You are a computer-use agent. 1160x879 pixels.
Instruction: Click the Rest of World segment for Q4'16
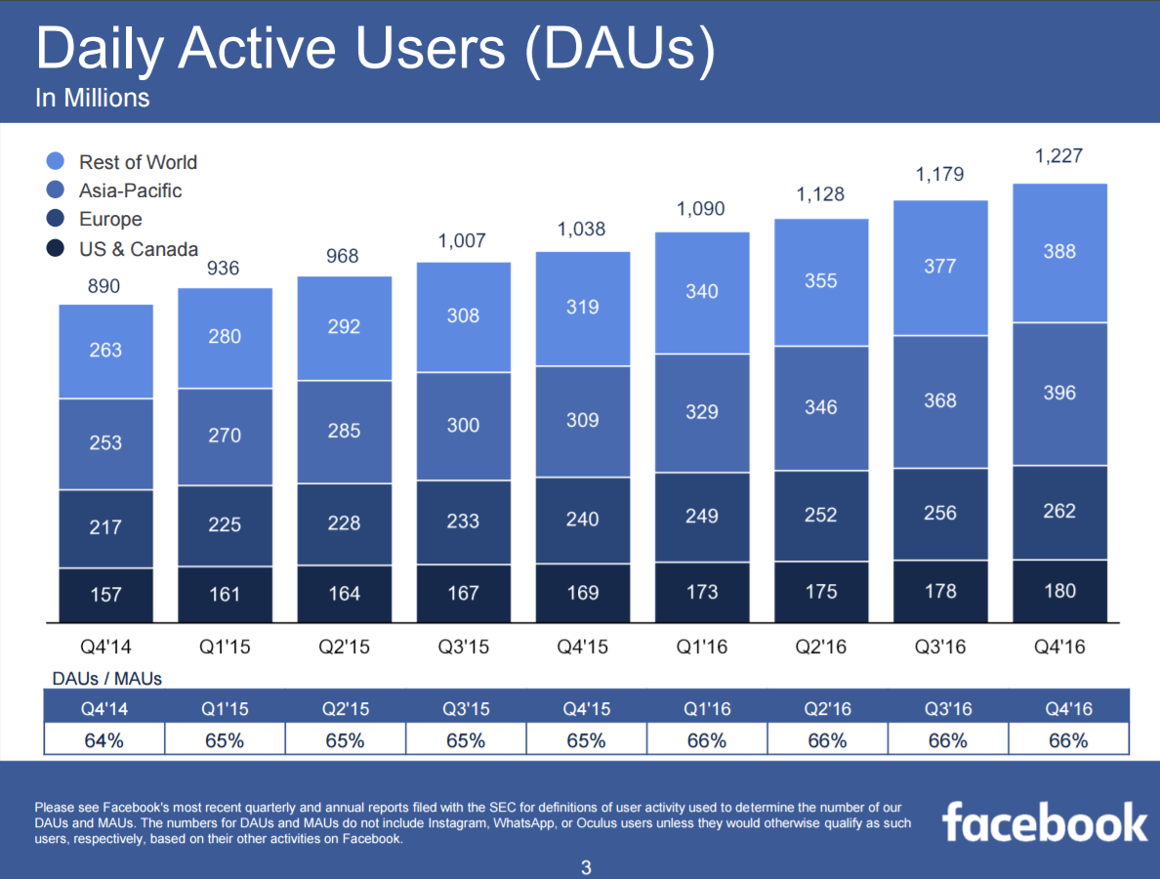click(1059, 252)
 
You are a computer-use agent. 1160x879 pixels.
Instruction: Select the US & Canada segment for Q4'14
click(105, 595)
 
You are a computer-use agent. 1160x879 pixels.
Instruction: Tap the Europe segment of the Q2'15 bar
click(344, 523)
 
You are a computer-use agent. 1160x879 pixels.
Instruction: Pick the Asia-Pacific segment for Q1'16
click(702, 412)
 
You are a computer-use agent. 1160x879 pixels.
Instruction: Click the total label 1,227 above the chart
click(1059, 155)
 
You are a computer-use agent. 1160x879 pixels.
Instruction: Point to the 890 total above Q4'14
click(105, 286)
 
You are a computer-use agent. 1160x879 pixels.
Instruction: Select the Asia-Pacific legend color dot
click(56, 190)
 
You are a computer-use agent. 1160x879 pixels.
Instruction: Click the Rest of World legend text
click(138, 162)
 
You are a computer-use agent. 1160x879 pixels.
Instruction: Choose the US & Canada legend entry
click(138, 249)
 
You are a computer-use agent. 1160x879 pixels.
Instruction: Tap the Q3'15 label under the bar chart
click(464, 647)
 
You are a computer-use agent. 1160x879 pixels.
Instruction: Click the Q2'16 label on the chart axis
click(821, 647)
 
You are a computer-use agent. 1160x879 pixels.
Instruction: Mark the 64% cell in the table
click(104, 739)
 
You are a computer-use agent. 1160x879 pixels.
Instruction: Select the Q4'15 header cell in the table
click(586, 708)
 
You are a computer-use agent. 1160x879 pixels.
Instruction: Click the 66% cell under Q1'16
click(706, 739)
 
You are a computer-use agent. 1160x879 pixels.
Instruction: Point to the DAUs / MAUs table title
click(107, 677)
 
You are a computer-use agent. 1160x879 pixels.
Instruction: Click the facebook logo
click(1045, 822)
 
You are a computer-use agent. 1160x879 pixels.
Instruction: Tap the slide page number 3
click(586, 867)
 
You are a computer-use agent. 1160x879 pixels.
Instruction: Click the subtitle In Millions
click(93, 98)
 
